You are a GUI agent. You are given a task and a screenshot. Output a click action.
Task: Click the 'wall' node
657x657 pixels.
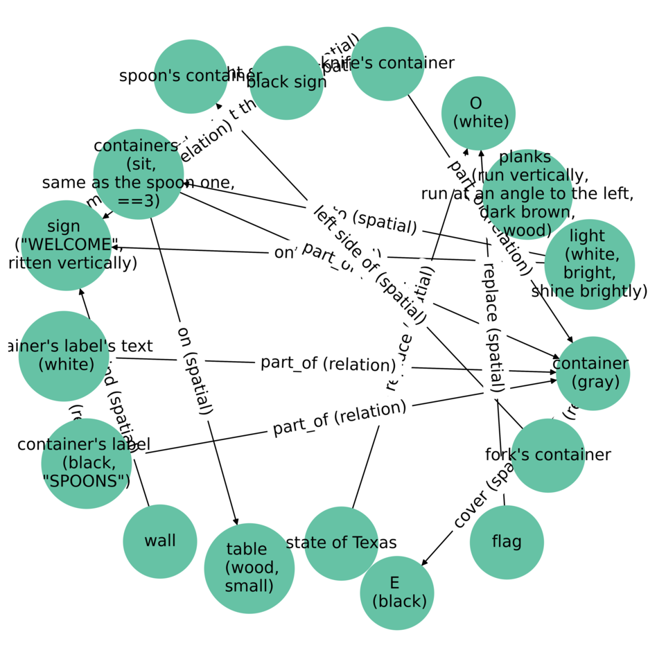point(160,542)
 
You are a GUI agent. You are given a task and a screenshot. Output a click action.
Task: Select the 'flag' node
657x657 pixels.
point(507,542)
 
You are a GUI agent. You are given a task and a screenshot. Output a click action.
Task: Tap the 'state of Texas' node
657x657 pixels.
point(341,543)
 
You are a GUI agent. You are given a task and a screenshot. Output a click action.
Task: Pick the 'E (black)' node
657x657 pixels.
point(397,593)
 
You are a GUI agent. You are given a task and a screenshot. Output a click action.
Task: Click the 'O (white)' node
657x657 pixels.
point(479,113)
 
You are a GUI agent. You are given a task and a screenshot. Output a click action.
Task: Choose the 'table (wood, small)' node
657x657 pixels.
point(249,568)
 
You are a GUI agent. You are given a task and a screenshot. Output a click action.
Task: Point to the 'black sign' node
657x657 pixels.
point(286,82)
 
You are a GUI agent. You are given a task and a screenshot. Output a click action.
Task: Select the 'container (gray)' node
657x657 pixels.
point(592,373)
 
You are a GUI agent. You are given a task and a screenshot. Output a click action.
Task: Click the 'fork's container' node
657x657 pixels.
point(547,455)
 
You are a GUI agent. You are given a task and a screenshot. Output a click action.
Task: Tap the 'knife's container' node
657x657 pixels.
point(387,64)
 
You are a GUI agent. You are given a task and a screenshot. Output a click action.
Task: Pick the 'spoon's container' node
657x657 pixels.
point(191,76)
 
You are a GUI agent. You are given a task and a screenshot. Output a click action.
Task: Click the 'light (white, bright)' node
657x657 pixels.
point(590,264)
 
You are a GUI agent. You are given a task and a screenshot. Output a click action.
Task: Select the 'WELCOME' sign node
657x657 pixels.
point(67,245)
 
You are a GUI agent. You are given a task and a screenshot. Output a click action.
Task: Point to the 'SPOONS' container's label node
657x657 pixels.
point(86,463)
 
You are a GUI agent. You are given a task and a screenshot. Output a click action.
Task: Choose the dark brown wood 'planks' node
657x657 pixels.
point(527,194)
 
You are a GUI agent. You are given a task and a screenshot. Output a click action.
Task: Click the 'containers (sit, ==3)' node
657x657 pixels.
point(138,174)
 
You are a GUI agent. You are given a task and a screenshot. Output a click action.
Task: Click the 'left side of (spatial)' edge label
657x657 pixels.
point(369,265)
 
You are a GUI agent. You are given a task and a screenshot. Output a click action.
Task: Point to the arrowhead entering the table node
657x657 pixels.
point(236,521)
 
